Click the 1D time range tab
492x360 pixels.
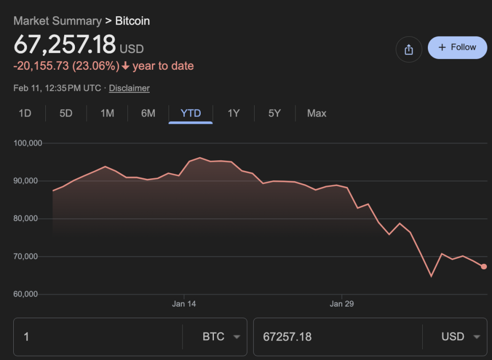point(25,113)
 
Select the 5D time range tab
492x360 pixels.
point(66,113)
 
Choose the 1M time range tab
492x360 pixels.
point(107,113)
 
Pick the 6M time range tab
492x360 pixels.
point(148,113)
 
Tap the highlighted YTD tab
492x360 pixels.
point(191,113)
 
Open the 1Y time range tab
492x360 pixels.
point(233,113)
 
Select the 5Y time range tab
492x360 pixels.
point(275,113)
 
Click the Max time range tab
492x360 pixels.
point(316,113)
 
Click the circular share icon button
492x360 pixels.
point(408,49)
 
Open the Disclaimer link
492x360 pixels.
point(129,88)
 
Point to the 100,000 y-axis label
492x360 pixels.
point(28,143)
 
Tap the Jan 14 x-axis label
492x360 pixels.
point(184,304)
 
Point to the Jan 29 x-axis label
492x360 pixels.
point(342,304)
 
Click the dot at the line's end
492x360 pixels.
point(483,266)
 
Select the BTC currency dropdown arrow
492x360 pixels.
point(236,337)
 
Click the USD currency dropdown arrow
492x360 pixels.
point(477,337)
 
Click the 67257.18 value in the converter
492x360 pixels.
point(287,337)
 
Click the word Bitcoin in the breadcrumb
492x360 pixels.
point(132,21)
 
